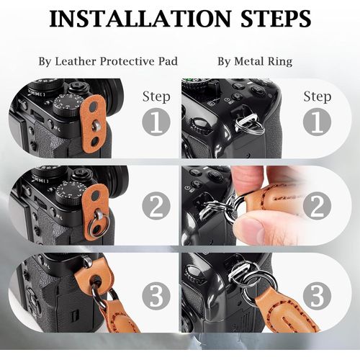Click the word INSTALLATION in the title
click(140, 19)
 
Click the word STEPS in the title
click(276, 19)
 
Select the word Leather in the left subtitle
click(76, 61)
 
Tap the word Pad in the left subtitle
click(168, 61)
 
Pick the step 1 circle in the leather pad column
click(156, 122)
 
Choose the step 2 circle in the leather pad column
click(156, 206)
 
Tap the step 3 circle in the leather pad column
click(156, 296)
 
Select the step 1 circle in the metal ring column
click(317, 122)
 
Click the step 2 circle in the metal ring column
click(317, 206)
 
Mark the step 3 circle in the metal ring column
click(317, 296)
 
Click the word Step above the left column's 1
click(156, 97)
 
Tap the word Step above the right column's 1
click(318, 97)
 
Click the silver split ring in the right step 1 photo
click(250, 125)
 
